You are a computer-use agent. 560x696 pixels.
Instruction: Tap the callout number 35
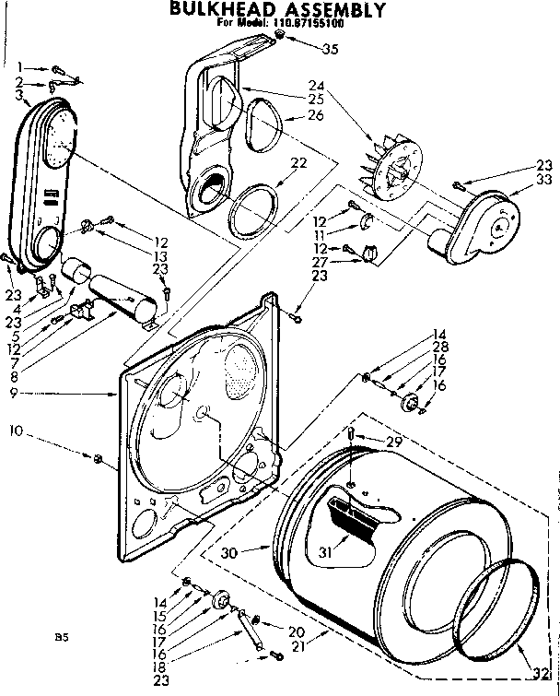click(330, 49)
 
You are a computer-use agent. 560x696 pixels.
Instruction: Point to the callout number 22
click(297, 163)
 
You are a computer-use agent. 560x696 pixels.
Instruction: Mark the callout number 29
click(395, 443)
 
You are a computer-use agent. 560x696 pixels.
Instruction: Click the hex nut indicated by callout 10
click(97, 456)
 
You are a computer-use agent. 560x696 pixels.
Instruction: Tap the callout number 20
click(296, 631)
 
